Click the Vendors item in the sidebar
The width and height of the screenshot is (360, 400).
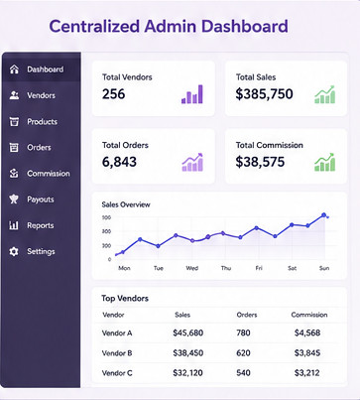[41, 95]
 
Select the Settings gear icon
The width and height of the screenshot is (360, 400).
[14, 251]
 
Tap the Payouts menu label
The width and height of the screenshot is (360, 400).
[41, 200]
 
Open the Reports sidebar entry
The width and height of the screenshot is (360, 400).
[41, 225]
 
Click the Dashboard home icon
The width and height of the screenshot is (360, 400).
[14, 69]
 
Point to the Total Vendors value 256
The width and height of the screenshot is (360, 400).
[113, 94]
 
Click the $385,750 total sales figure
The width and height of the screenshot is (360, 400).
[264, 94]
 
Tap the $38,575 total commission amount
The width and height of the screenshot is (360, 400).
[260, 162]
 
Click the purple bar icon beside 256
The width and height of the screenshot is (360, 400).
[192, 94]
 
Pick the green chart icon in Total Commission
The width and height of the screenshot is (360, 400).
[324, 162]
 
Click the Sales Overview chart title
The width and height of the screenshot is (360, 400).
[126, 204]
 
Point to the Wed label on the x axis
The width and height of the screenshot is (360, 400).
[192, 268]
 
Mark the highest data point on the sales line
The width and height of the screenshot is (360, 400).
[323, 215]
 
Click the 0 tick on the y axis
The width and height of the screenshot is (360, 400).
[109, 259]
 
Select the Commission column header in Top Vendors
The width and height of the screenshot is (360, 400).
[309, 315]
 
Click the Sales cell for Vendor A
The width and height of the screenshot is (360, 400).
[187, 333]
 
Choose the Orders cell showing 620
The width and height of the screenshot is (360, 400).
[243, 353]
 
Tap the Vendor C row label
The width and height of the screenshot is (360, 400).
[117, 373]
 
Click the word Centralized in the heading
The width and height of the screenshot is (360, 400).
[94, 27]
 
